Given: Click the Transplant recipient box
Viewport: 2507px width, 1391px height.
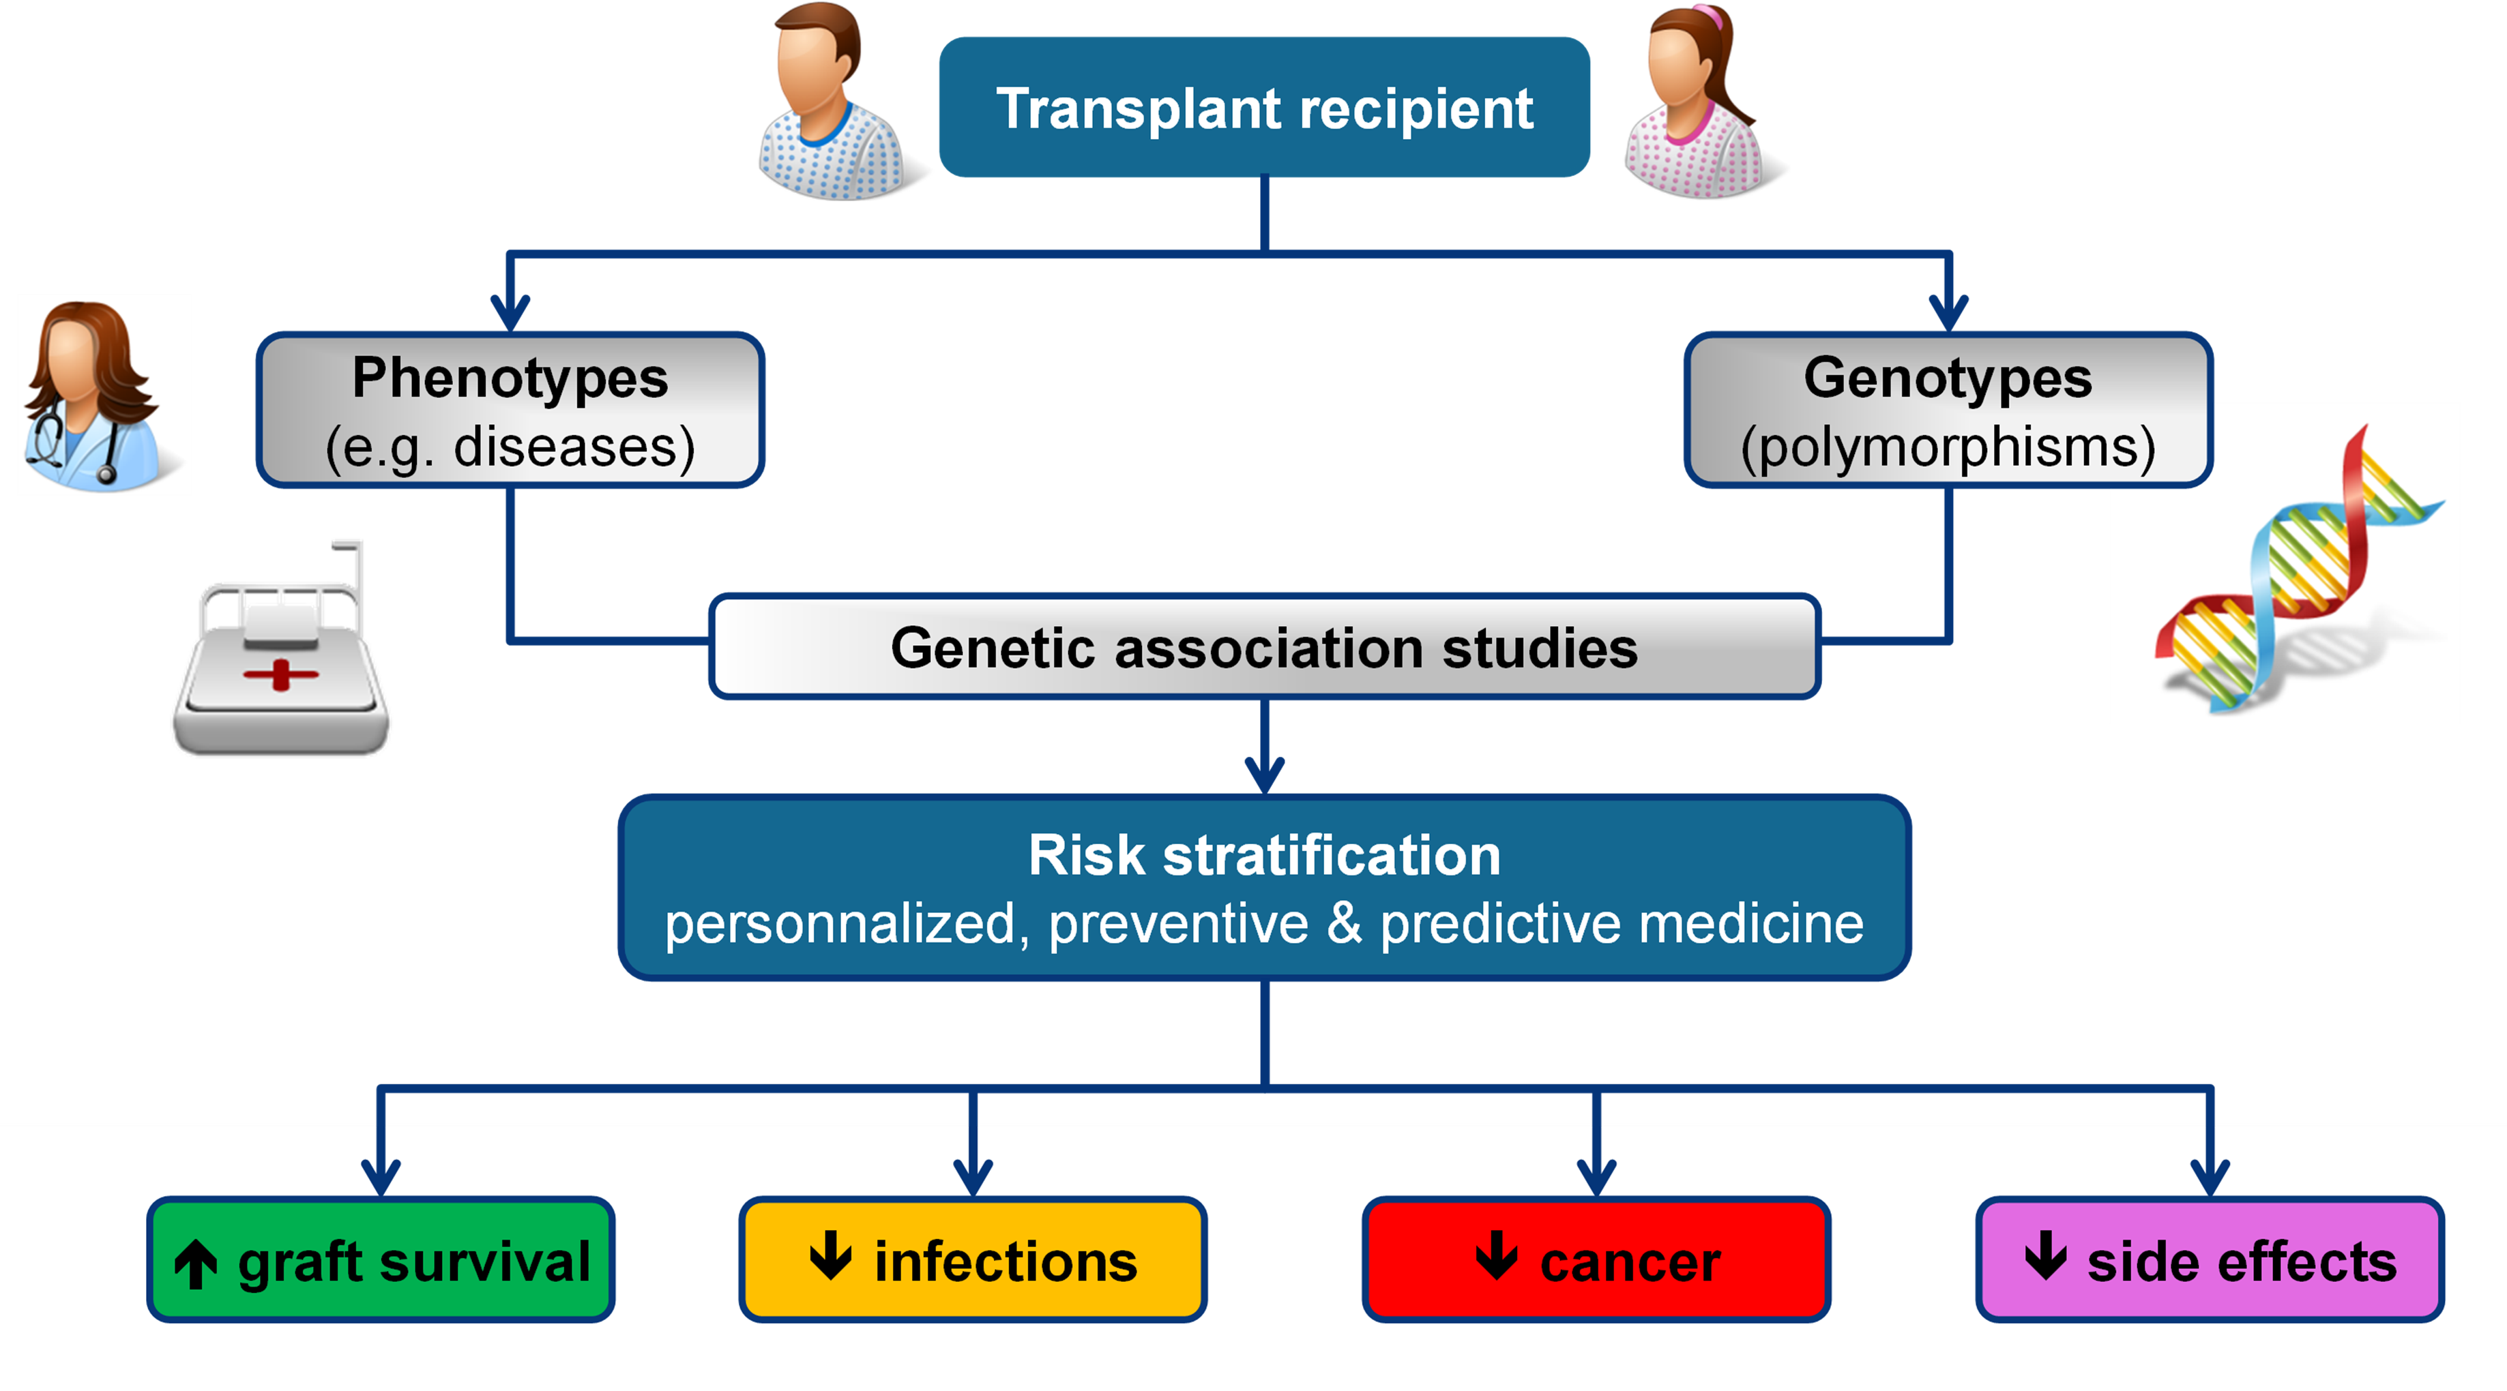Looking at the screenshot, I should coord(1263,107).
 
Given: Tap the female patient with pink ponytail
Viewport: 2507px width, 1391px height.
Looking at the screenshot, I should coord(1693,102).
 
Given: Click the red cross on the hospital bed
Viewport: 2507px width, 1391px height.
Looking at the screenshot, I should coord(280,673).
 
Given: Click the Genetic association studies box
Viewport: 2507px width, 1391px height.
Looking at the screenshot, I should coord(1263,647).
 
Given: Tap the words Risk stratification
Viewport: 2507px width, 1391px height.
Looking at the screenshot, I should coord(1263,856).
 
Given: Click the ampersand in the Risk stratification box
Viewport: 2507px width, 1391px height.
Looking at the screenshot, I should coord(1344,922).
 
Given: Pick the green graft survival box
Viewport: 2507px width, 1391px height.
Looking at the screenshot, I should coord(381,1259).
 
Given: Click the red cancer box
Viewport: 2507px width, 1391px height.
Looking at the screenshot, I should coord(1596,1259).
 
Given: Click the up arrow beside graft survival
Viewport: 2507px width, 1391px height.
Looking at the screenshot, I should coord(196,1263).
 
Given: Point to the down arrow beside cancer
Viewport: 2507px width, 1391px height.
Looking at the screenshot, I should coord(1496,1256).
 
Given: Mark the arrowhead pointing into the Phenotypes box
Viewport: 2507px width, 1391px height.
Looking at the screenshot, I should coord(510,313).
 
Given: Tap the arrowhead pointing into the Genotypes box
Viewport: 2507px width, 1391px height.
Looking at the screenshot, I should coord(1948,313).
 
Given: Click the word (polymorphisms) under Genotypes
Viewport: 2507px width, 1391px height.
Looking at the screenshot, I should coord(1948,447).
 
